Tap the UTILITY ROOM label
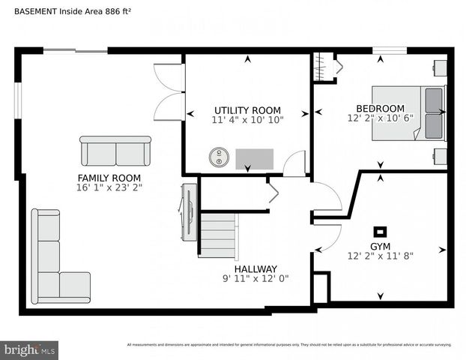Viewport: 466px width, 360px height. [247, 109]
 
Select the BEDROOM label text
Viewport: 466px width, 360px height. [380, 108]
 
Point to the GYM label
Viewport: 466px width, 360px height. [380, 246]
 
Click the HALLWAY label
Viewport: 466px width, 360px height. [255, 268]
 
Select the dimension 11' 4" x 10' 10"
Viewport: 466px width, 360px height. [247, 119]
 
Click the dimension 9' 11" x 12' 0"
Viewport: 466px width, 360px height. [255, 278]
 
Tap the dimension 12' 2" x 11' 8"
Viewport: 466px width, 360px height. [380, 256]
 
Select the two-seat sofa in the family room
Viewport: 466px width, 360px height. [115, 151]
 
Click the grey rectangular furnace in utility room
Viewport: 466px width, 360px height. [255, 159]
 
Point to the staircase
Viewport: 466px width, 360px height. [218, 234]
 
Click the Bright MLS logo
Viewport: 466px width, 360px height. [30, 349]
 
